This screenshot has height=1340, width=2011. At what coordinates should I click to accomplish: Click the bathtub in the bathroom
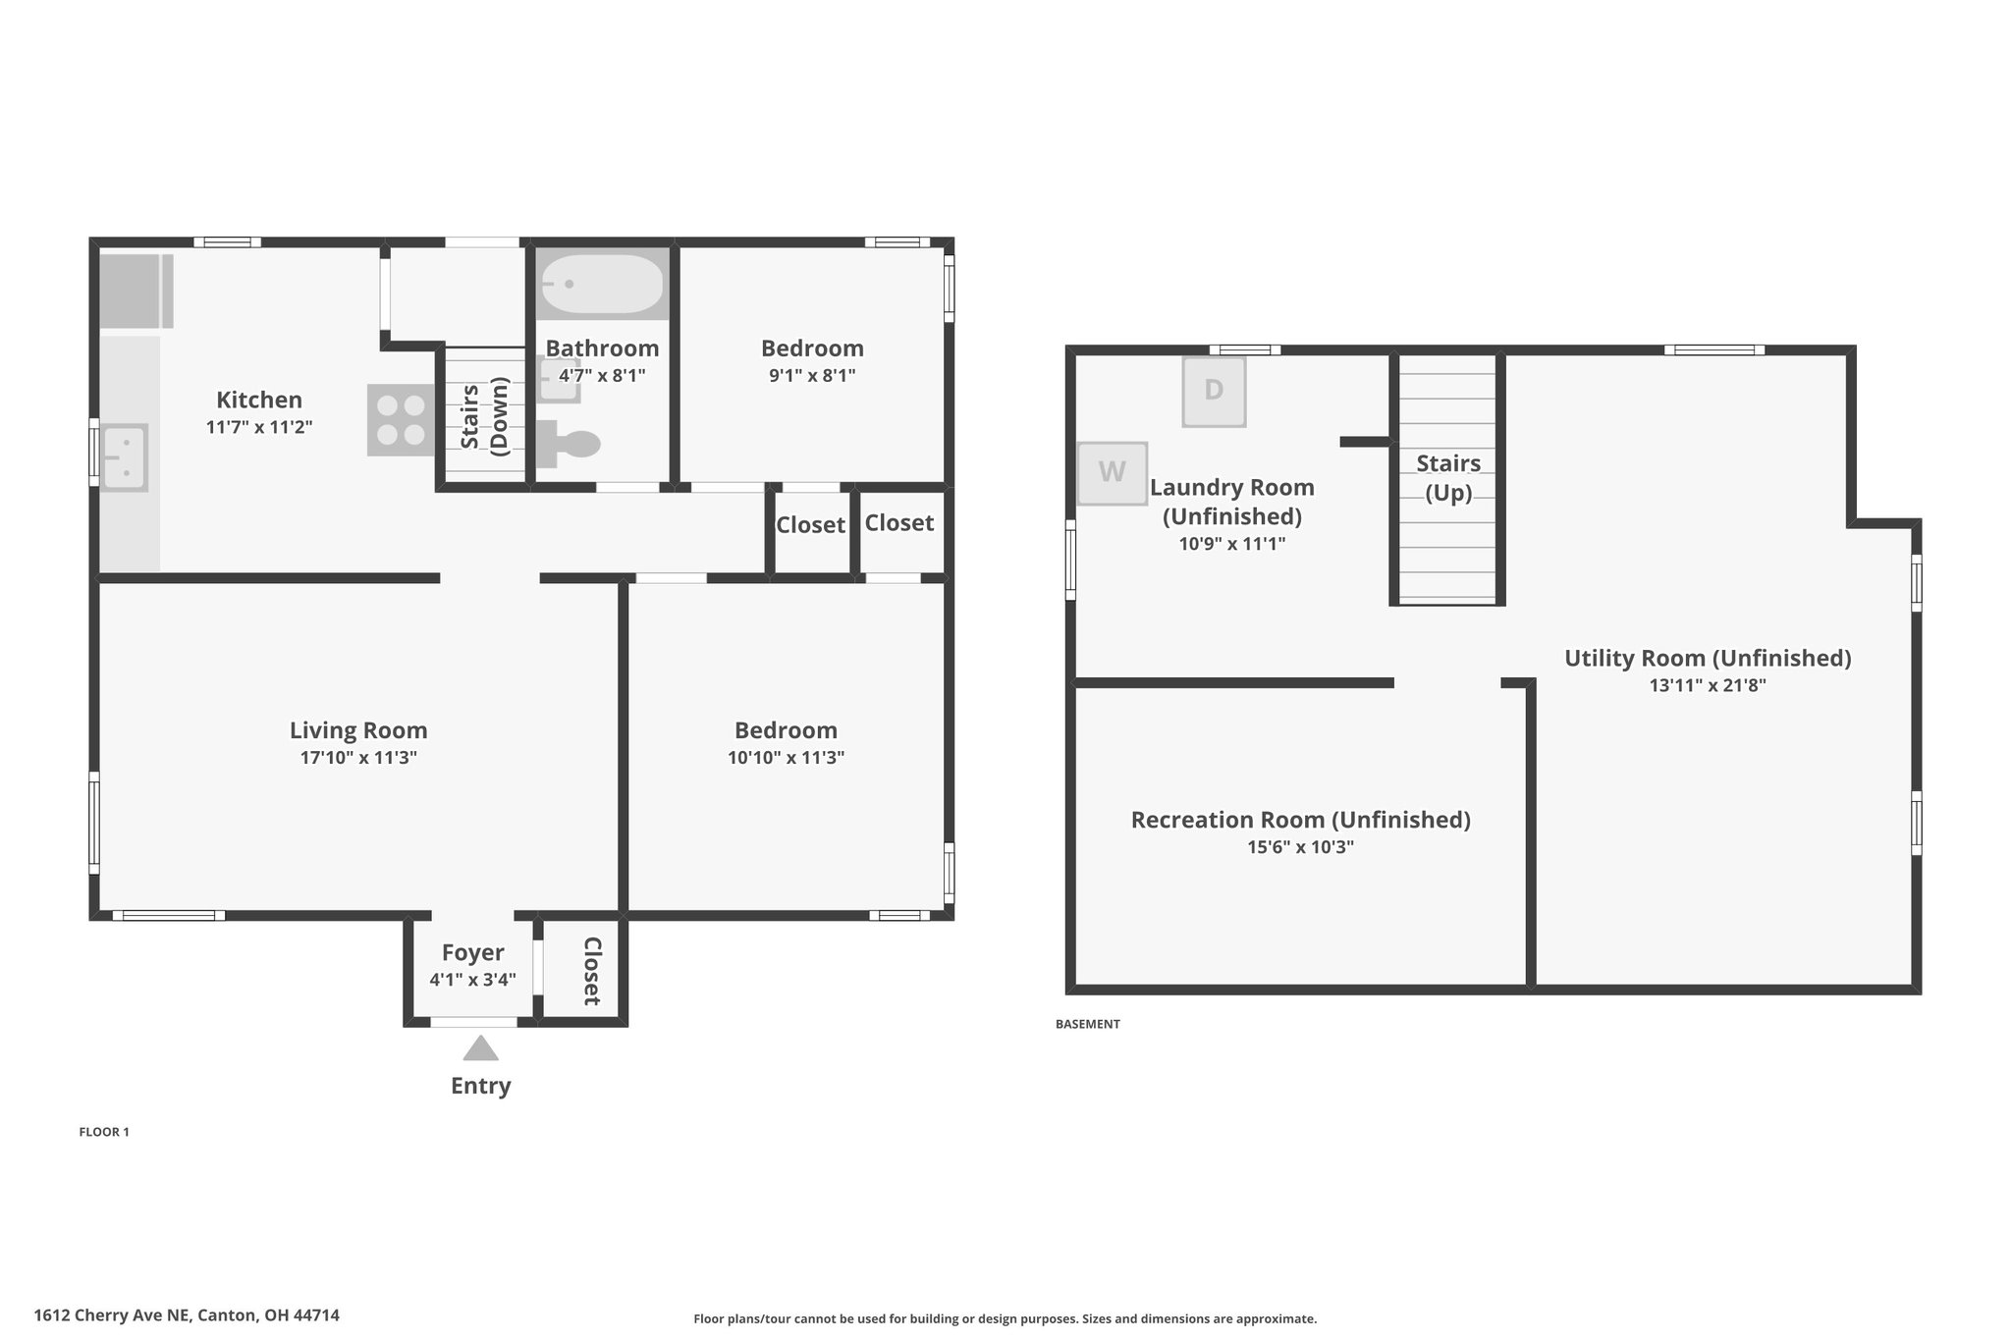click(602, 284)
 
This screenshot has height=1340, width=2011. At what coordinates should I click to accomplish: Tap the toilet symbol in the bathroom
click(569, 444)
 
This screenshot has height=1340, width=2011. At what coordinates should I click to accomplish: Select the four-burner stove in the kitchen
click(401, 420)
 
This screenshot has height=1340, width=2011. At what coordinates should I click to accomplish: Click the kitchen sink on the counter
click(124, 457)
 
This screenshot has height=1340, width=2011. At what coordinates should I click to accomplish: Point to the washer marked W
click(1113, 473)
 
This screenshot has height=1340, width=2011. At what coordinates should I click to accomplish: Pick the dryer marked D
click(1214, 391)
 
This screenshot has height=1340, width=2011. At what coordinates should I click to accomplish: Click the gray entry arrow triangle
click(481, 1048)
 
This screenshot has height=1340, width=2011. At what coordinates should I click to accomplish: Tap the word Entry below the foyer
click(481, 1086)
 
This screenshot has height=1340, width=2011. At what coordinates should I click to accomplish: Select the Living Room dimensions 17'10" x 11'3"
click(358, 758)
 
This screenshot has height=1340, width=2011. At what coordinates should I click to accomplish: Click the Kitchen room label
click(259, 400)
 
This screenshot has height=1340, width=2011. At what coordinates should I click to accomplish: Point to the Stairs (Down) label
click(483, 416)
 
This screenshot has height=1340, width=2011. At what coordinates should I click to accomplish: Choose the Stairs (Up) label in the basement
click(1448, 477)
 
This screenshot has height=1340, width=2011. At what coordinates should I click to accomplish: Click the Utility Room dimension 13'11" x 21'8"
click(1708, 686)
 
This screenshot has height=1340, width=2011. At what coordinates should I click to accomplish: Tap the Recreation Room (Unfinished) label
click(1301, 820)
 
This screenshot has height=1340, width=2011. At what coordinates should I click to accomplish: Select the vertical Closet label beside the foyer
click(592, 971)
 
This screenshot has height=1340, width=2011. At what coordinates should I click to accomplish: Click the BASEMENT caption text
click(1088, 1024)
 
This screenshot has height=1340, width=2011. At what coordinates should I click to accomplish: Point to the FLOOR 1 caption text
click(104, 1132)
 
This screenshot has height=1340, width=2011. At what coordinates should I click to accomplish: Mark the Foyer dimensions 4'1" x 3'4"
click(472, 980)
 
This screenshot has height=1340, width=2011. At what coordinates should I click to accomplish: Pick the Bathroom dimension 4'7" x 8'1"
click(602, 375)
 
